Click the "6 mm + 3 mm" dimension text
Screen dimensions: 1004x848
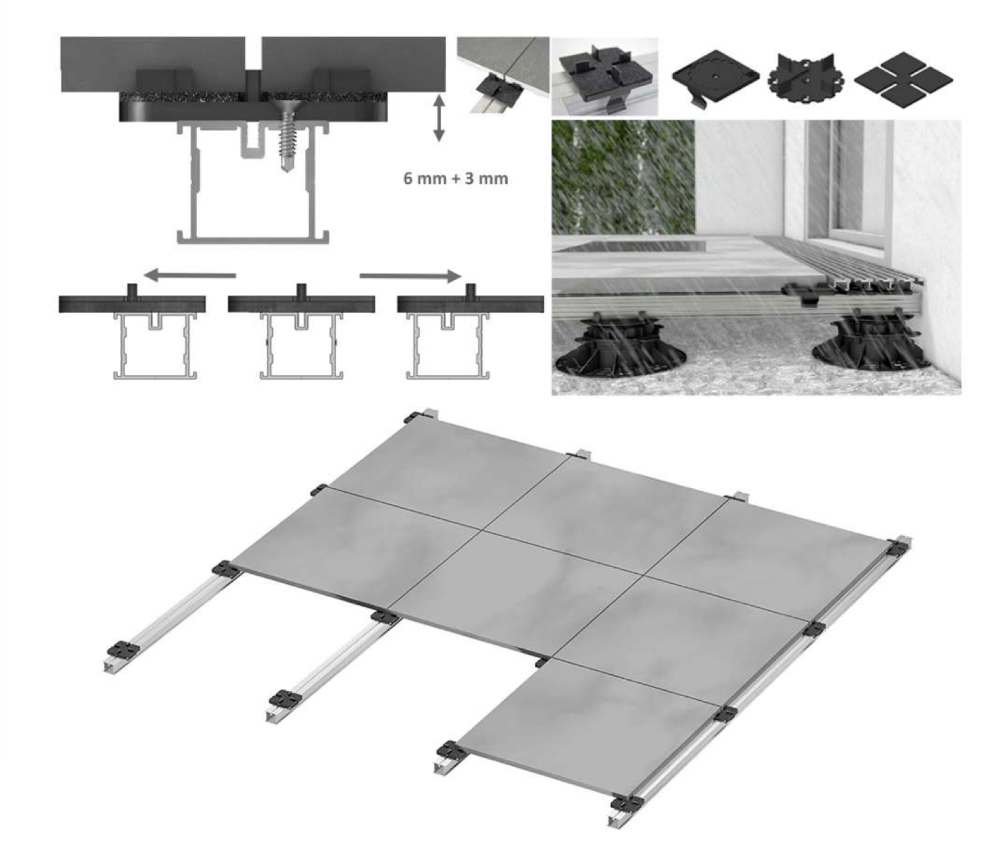coord(456,179)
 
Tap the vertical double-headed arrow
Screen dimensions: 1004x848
coord(439,118)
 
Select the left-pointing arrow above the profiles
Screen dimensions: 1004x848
coord(190,276)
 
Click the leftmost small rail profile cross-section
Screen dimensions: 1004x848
coord(155,345)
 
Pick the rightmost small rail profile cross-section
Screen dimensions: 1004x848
coord(448,345)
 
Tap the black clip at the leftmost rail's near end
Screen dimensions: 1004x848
coord(120,649)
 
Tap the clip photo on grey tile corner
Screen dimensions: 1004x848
coord(503,76)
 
